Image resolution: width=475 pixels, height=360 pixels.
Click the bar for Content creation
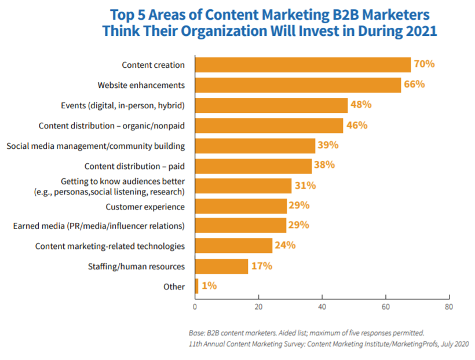[x=302, y=65]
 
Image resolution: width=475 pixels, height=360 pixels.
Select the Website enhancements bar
[x=298, y=85]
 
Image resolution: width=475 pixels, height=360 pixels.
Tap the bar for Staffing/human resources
[x=221, y=266]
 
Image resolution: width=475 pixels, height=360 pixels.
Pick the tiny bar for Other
[x=196, y=286]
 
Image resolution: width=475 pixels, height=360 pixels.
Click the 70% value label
[x=423, y=64]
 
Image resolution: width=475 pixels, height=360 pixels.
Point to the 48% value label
[x=360, y=105]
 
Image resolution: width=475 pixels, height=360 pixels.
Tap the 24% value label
[x=284, y=245]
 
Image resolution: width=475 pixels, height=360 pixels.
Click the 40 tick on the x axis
[x=322, y=306]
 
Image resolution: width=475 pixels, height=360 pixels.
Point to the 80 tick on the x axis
[x=448, y=306]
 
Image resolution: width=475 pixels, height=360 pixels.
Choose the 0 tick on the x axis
[x=195, y=306]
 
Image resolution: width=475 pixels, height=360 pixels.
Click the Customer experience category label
[x=145, y=206]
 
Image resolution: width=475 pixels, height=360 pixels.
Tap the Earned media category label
[x=99, y=226]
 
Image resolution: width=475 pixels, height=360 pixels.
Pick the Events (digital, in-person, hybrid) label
[x=123, y=105]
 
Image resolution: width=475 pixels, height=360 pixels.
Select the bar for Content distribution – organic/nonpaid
[x=269, y=126]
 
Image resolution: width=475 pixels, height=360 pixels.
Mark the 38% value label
[x=324, y=165]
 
